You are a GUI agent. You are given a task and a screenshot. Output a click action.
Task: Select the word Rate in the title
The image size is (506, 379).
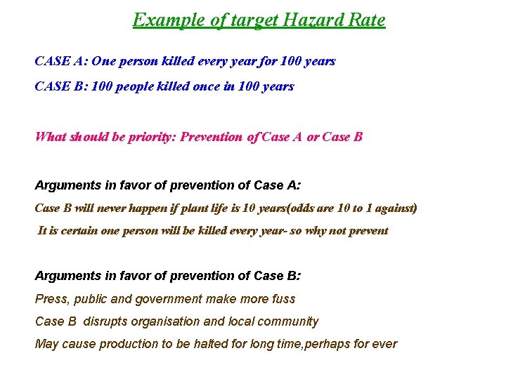pyautogui.click(x=367, y=20)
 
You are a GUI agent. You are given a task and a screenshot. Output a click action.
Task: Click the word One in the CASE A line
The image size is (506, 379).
pyautogui.click(x=103, y=61)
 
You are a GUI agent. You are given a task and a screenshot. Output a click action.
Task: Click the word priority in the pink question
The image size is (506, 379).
pyautogui.click(x=152, y=136)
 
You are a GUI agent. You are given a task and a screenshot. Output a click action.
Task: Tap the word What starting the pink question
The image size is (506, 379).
pyautogui.click(x=51, y=136)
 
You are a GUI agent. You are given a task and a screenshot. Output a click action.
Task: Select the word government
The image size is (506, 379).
pyautogui.click(x=168, y=299)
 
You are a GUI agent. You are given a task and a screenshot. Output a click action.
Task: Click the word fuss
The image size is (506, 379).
pyautogui.click(x=283, y=299)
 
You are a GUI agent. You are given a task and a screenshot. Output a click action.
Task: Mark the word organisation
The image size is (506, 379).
pyautogui.click(x=167, y=321)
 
